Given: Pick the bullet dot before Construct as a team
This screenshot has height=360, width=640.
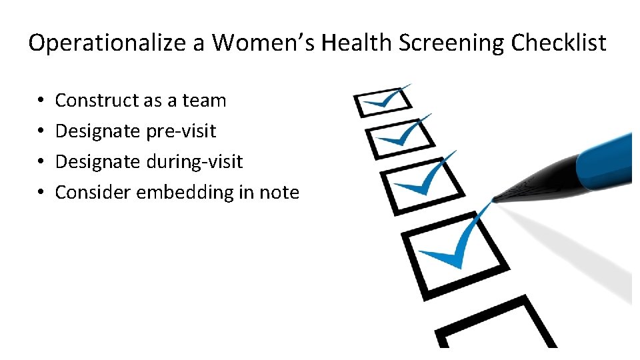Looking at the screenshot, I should tap(41, 101).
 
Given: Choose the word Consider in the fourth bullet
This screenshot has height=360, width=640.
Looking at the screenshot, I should tap(93, 193).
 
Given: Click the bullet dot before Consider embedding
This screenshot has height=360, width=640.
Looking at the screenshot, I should tap(41, 193).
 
